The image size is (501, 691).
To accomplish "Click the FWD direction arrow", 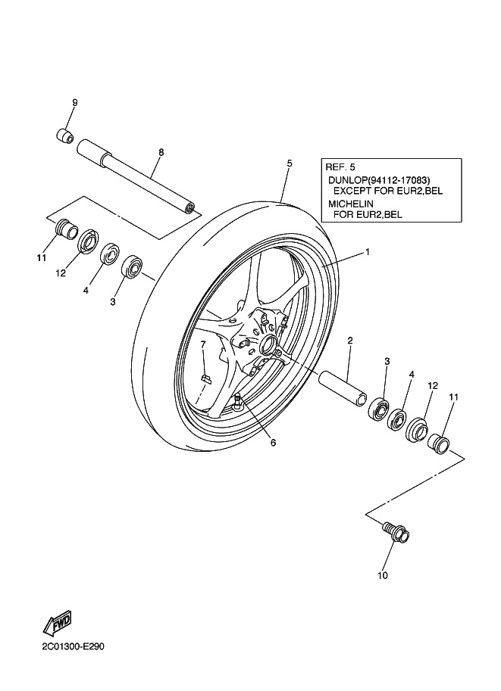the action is point(57,624).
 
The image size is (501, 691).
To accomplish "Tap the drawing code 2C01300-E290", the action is point(74,647).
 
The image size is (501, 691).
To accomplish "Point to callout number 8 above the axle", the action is point(161,152).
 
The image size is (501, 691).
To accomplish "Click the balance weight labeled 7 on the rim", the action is point(206,377).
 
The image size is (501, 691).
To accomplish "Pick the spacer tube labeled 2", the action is point(343,385).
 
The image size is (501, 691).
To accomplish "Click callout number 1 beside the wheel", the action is point(367,252).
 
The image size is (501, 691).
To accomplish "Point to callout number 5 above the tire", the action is point(289,163).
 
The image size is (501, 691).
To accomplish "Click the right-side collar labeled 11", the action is point(438,444).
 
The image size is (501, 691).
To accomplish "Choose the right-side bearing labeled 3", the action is point(379,408).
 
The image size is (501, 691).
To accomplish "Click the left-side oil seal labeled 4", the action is point(109,253).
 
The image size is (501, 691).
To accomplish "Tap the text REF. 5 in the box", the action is point(340,167).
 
